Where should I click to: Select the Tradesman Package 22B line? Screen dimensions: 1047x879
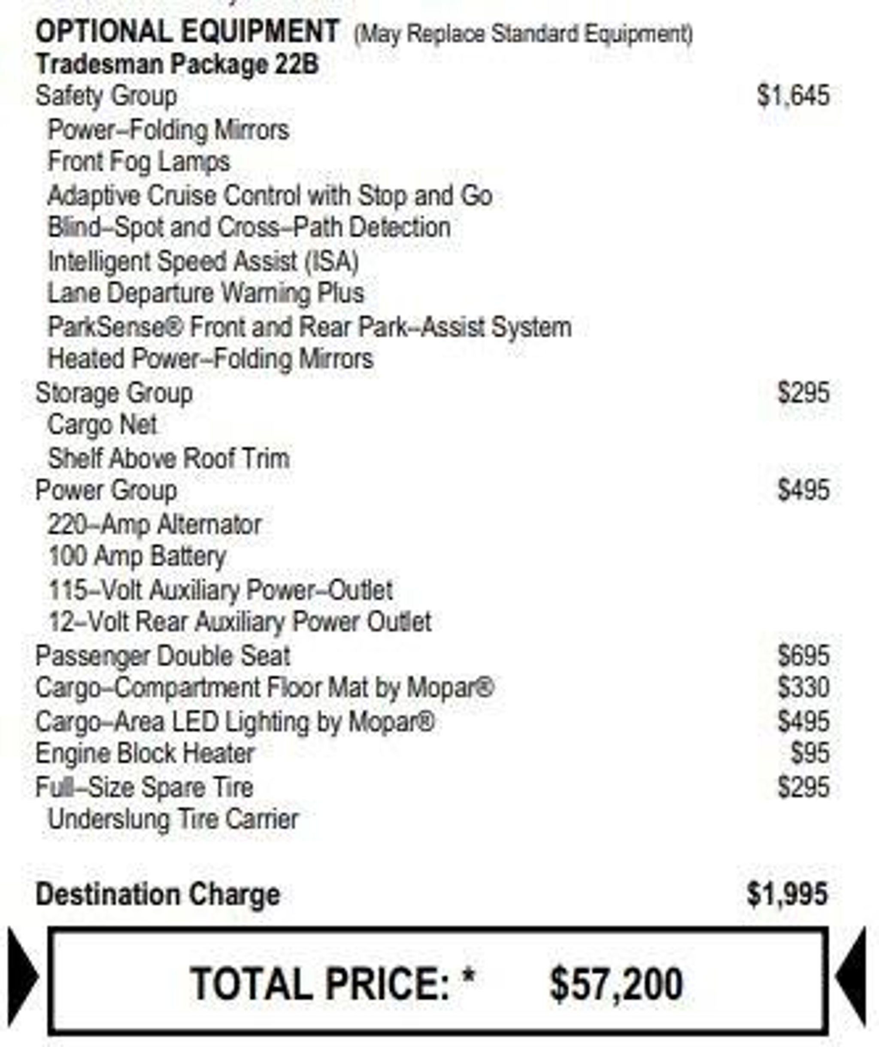[x=177, y=65]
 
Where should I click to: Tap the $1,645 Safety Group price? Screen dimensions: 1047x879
[x=793, y=96]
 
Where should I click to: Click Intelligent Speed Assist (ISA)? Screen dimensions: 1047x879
[x=203, y=261]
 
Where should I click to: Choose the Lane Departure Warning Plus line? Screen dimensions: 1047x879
[x=206, y=294]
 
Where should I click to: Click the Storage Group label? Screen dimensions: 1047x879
[x=114, y=393]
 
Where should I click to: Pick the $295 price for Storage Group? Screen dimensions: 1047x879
[x=803, y=393]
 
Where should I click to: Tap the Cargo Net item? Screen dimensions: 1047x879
[x=102, y=425]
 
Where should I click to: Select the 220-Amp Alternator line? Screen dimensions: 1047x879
[x=155, y=525]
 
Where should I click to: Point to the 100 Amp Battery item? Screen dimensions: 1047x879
[x=137, y=557]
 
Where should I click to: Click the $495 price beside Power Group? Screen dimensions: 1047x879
[x=803, y=490]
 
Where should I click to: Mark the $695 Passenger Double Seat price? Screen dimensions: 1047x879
[x=803, y=656]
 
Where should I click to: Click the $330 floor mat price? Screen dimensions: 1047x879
[x=803, y=688]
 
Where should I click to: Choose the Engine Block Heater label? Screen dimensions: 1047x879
[x=145, y=754]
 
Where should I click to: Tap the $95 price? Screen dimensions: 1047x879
[x=810, y=754]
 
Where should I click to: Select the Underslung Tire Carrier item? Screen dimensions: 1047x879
[x=173, y=820]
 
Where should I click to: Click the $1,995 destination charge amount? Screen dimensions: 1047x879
[x=787, y=894]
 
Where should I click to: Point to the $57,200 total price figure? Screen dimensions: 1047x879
[x=616, y=984]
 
